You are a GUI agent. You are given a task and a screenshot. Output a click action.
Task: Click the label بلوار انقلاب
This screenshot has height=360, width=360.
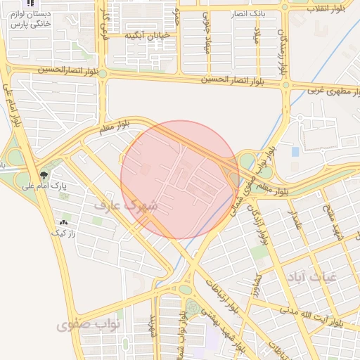coord(328,8)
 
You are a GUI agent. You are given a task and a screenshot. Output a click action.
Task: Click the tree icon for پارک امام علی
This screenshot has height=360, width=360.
coord(44,175)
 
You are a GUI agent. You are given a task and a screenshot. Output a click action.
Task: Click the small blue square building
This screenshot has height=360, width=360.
coord(295,151)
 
